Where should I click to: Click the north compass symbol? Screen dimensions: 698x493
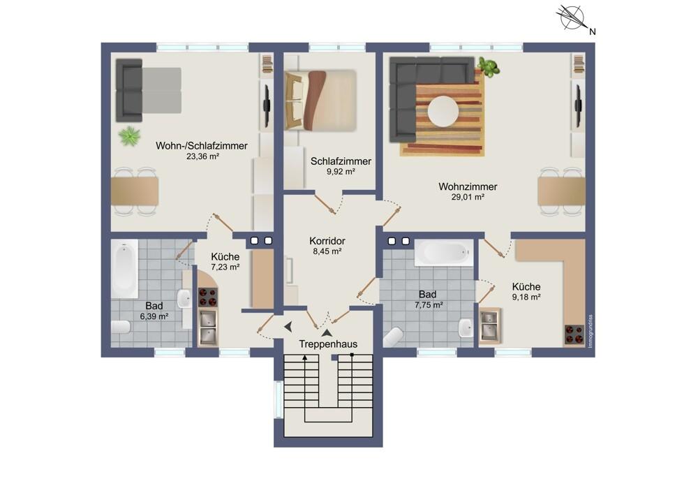[572, 17]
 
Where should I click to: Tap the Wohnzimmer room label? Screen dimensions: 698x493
[468, 186]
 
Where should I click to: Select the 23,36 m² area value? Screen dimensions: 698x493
[202, 156]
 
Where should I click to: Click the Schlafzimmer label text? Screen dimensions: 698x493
[341, 161]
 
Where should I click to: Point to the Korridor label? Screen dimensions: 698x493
[327, 241]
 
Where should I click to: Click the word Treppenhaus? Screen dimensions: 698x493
[328, 344]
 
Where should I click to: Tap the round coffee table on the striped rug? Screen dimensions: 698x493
[443, 111]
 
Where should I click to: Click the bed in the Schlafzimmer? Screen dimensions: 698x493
[320, 100]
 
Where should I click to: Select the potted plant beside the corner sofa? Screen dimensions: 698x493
[489, 67]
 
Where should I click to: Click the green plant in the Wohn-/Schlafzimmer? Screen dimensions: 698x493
[130, 136]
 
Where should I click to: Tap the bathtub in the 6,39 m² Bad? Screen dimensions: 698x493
[124, 269]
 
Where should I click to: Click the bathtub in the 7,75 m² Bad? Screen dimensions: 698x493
[443, 253]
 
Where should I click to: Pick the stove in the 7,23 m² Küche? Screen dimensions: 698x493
[208, 297]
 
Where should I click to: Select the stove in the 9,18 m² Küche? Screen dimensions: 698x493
[574, 335]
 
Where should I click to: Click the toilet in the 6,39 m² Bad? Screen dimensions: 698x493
[121, 328]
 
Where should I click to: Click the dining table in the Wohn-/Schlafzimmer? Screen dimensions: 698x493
[135, 191]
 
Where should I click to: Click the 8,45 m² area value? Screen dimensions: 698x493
[327, 251]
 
